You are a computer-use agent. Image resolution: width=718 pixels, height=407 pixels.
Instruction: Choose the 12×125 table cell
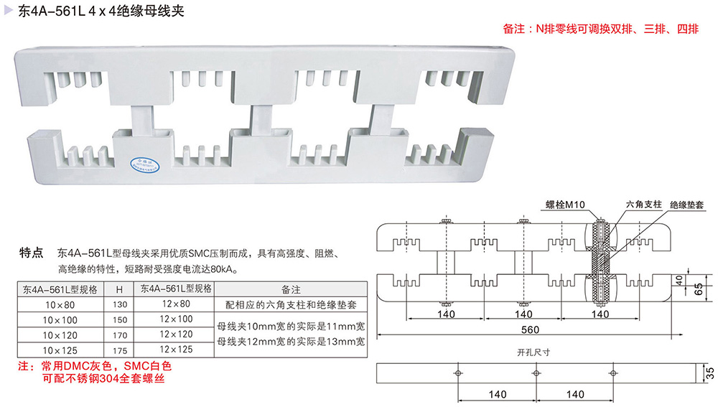(x=176, y=350)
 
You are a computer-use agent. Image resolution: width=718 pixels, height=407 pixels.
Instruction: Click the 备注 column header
(x=291, y=289)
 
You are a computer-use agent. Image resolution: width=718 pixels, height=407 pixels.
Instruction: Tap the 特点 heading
(x=32, y=253)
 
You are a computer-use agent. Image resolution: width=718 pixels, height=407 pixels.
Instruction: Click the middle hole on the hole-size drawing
(x=536, y=373)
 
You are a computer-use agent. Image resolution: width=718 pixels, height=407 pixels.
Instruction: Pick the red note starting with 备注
(x=601, y=29)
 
